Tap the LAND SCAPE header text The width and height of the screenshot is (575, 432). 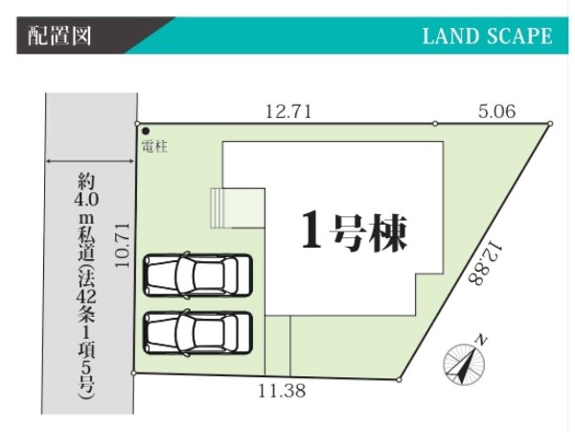click(x=487, y=36)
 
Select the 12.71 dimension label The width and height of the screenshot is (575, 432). click(x=288, y=111)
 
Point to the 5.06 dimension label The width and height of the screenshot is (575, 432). click(x=496, y=111)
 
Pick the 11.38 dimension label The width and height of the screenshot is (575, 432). click(x=281, y=390)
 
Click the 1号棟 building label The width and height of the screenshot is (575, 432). click(x=354, y=231)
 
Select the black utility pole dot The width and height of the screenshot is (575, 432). click(x=145, y=132)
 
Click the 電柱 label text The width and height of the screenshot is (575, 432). click(x=154, y=147)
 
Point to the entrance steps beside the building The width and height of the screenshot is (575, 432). click(x=236, y=207)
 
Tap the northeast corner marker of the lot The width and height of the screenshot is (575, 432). click(x=551, y=123)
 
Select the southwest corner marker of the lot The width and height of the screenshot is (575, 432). click(x=135, y=373)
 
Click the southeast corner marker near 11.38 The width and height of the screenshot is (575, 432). click(x=398, y=379)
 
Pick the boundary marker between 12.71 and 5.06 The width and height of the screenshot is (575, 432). click(x=435, y=124)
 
